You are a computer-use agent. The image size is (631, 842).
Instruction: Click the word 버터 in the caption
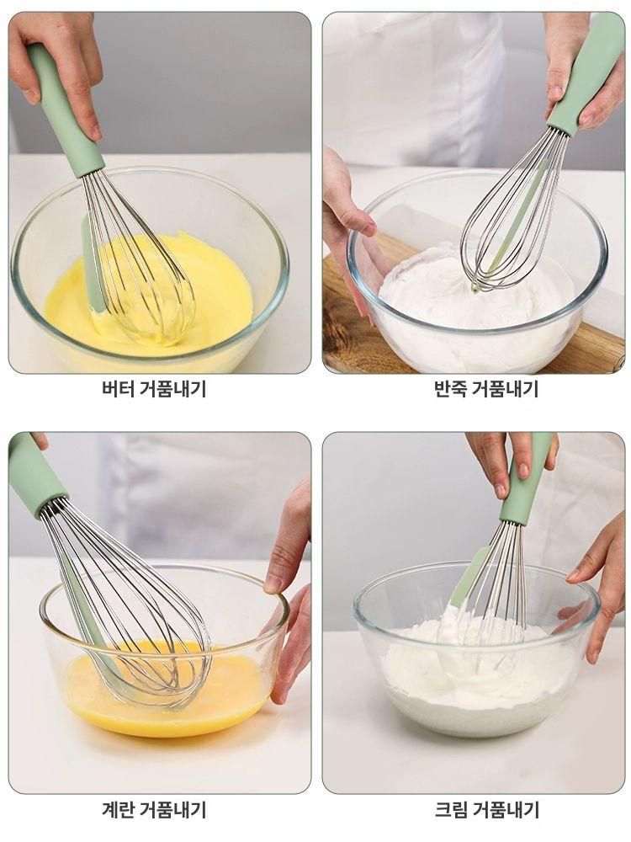(116, 389)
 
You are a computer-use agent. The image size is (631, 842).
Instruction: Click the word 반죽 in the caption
(449, 389)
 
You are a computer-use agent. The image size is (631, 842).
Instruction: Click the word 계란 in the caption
(116, 810)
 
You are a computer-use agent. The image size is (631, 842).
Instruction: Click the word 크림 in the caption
(449, 810)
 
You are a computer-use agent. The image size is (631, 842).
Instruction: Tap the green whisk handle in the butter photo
(64, 109)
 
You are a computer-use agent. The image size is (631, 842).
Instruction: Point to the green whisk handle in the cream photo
(527, 480)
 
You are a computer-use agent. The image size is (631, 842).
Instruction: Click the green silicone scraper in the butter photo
(91, 261)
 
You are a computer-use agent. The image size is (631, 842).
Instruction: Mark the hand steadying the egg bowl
(290, 589)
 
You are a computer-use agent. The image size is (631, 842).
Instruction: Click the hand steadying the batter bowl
(349, 219)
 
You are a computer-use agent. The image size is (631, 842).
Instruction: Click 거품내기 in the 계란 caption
(172, 810)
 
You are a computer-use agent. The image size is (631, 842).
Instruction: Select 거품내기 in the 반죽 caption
(505, 389)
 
